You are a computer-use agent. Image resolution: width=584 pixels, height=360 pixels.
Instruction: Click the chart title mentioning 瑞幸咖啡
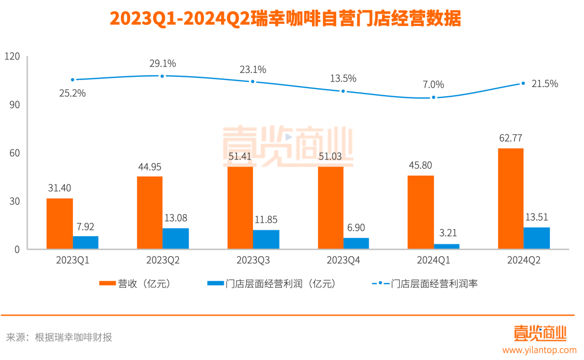[x=286, y=18]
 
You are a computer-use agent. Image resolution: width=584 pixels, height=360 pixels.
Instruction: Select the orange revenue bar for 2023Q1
[x=59, y=224]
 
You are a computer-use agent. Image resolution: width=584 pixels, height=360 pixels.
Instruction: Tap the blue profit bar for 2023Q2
[x=176, y=238]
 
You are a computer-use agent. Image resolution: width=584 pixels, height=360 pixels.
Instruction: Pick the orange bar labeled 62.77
[x=510, y=198]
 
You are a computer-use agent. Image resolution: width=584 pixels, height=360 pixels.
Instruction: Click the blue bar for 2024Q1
[x=447, y=246]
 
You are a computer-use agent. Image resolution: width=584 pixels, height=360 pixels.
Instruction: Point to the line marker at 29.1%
[x=162, y=76]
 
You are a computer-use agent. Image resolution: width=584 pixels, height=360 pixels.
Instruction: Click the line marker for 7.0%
[x=433, y=98]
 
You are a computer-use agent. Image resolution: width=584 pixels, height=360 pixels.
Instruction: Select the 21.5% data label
[x=545, y=84]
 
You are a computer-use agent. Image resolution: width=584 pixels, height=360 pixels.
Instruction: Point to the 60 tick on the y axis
[x=14, y=153]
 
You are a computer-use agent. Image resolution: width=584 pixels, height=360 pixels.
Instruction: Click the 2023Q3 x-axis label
[x=253, y=261]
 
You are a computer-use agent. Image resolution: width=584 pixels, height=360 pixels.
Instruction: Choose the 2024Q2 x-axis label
[x=523, y=261]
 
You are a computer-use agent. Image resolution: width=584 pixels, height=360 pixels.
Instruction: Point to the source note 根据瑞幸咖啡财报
[x=74, y=337]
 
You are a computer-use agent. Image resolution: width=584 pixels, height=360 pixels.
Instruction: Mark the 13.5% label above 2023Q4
[x=343, y=78]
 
